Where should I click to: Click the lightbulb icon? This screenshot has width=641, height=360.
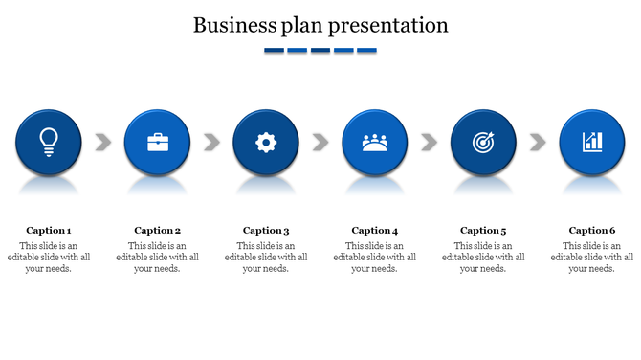tap(48, 142)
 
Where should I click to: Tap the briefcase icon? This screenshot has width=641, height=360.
tap(157, 143)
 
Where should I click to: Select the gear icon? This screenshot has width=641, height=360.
tap(266, 143)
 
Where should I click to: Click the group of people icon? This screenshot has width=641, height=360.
tap(375, 143)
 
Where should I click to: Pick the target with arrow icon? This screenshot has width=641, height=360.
tap(483, 143)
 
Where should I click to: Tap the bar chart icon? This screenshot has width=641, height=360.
tap(592, 142)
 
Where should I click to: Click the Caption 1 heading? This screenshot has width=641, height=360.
tap(49, 230)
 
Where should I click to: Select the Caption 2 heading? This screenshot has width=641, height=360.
tap(158, 230)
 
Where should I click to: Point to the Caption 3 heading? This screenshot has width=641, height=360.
tap(266, 230)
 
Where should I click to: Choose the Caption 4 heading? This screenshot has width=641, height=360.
tap(375, 230)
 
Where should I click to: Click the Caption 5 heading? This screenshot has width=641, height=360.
tap(483, 230)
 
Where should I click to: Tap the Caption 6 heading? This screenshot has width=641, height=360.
tap(592, 230)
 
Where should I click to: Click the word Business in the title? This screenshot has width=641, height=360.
tap(231, 25)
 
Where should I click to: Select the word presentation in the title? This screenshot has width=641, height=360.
tap(388, 26)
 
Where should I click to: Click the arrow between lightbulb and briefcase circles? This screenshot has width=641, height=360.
tap(103, 143)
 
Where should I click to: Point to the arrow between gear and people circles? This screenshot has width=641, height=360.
tap(320, 143)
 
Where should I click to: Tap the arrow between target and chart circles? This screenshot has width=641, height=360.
tap(538, 143)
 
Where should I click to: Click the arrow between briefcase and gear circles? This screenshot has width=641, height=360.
tap(211, 143)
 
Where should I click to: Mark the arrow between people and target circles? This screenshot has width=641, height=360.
tap(430, 143)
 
